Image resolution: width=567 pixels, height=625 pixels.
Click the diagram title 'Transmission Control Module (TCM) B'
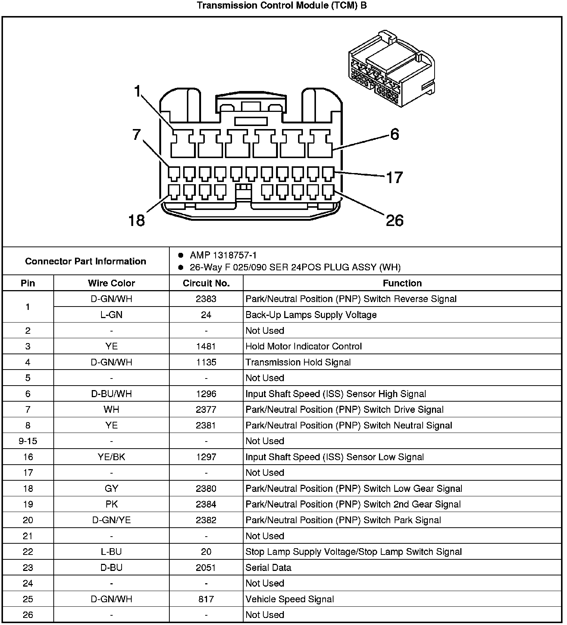282,6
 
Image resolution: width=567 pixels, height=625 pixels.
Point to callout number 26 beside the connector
395,220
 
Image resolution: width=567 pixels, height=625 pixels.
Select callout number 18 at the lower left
136,220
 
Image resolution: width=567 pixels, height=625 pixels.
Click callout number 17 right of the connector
394,178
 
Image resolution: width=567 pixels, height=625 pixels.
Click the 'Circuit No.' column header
206,283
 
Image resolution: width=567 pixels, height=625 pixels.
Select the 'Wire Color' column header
111,283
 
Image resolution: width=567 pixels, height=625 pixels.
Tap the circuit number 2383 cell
206,299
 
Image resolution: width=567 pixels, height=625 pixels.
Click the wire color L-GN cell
111,315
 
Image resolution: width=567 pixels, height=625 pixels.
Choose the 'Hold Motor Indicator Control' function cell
304,346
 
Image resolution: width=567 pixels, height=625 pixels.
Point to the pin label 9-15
28,441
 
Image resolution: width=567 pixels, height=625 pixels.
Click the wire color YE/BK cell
111,457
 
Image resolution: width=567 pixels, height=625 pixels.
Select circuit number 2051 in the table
206,568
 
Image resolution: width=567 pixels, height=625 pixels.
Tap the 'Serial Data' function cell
268,568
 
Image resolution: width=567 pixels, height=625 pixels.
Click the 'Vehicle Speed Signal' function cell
289,599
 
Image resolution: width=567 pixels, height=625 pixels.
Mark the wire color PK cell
111,504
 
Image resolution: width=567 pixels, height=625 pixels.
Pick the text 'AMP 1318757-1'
223,255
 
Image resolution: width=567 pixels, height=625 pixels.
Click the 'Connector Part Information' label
85,261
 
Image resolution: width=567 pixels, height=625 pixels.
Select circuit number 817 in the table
206,599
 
